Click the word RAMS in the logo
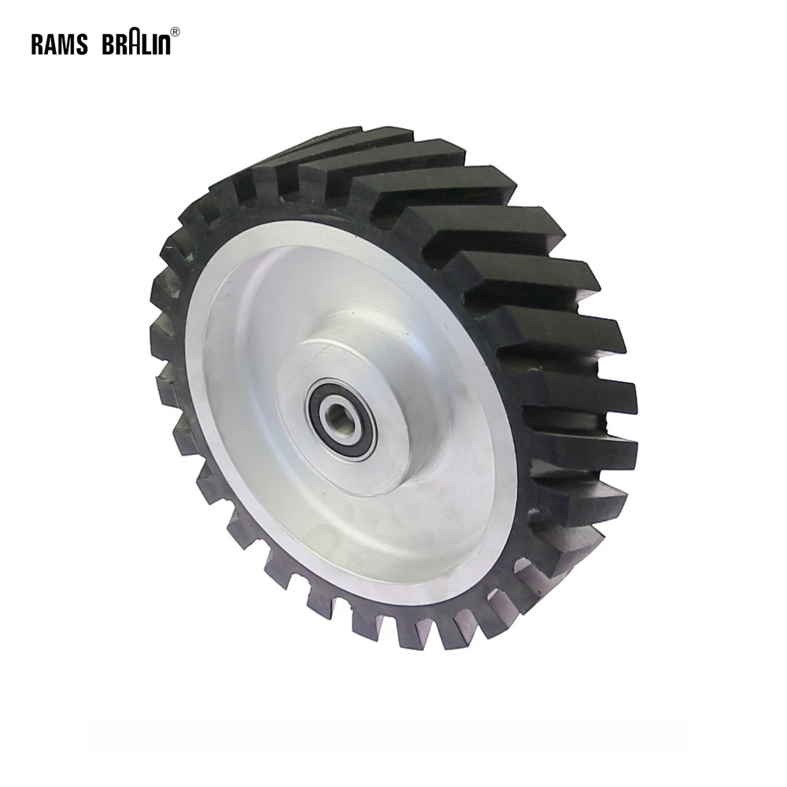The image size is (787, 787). click(x=60, y=45)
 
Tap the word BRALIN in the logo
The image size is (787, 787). click(x=136, y=44)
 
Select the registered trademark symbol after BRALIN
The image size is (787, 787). click(x=176, y=32)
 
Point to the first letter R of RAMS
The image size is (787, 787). click(x=37, y=45)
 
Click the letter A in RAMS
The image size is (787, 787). click(x=51, y=45)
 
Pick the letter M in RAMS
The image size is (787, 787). click(x=68, y=45)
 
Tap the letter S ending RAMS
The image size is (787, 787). click(x=83, y=45)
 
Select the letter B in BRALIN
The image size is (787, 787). click(x=108, y=45)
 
